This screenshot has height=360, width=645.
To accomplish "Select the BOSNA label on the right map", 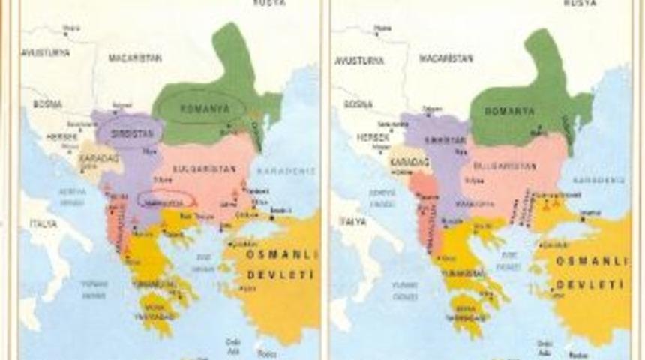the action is click(358, 104).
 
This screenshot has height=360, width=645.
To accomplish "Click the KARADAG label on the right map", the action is click(408, 160).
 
